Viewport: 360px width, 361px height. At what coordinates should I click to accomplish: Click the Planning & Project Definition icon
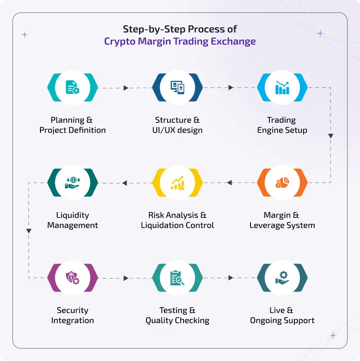[72, 88]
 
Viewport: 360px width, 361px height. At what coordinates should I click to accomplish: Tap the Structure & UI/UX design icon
[177, 88]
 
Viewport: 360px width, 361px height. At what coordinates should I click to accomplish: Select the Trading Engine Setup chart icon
[282, 88]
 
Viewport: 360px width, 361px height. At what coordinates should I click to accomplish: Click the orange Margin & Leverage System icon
[282, 183]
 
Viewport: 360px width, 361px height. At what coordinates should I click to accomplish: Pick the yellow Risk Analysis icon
[177, 183]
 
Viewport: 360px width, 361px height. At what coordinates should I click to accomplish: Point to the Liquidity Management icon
[72, 183]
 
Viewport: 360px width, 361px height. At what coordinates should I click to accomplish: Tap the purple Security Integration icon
[72, 278]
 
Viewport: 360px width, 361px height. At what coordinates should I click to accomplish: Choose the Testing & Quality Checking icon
[177, 278]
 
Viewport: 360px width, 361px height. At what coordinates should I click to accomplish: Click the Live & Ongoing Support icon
[282, 278]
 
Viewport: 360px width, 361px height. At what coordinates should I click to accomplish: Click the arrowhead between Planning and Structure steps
[126, 88]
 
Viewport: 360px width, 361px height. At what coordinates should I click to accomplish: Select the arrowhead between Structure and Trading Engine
[231, 88]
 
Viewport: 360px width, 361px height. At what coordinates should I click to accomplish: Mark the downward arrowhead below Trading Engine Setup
[331, 136]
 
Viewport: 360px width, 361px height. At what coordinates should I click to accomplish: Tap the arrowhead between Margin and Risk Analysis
[229, 183]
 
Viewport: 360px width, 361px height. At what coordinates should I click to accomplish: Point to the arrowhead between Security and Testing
[126, 278]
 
